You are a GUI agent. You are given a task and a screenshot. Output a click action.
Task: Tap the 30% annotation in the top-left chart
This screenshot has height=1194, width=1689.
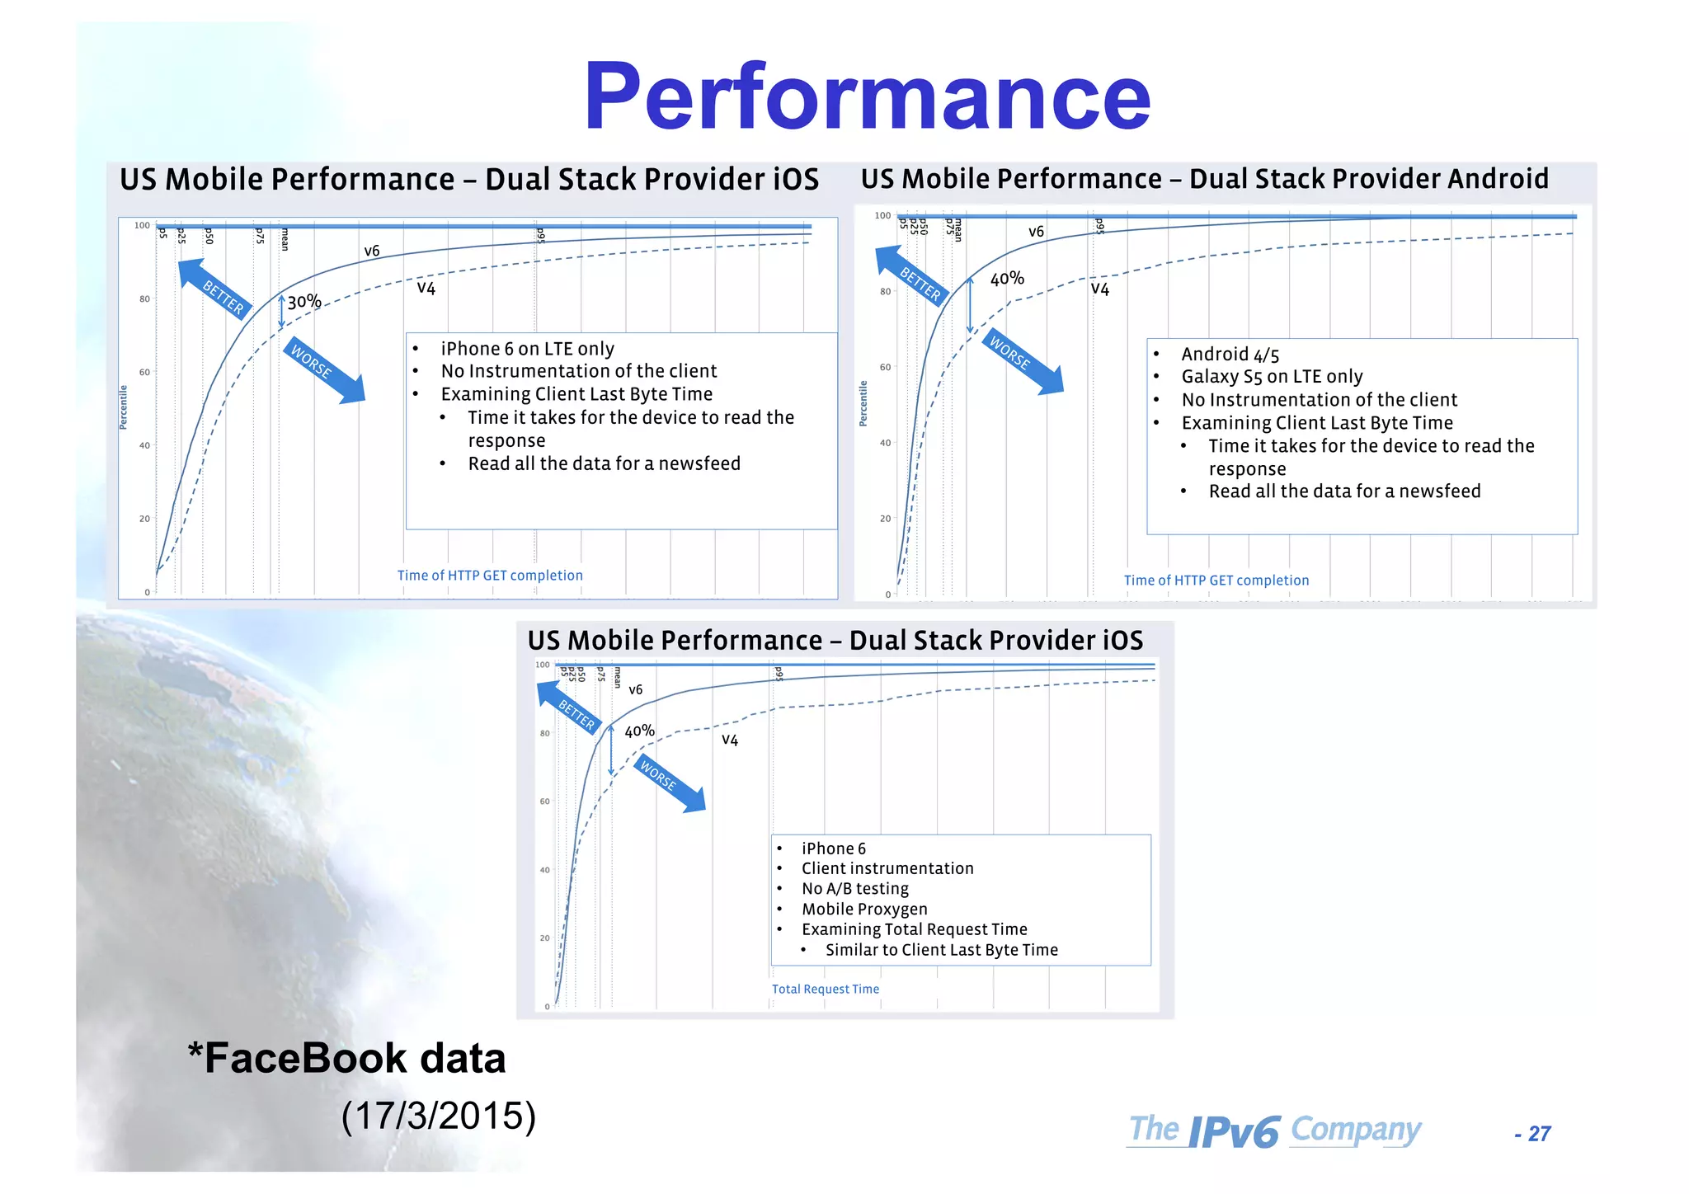303,302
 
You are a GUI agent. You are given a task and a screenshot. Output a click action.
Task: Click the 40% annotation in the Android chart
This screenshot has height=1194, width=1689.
1007,279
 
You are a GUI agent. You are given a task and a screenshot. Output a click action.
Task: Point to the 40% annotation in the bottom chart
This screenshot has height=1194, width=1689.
639,731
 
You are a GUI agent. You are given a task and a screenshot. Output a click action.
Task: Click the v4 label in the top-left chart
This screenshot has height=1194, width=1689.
426,288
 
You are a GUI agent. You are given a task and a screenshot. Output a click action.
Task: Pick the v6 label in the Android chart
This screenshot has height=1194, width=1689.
1036,232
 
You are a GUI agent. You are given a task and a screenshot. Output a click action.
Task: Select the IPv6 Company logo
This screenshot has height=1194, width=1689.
1274,1131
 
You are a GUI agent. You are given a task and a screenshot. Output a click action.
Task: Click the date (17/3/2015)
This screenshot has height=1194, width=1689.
439,1116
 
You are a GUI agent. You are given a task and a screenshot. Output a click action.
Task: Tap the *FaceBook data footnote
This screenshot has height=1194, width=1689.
346,1059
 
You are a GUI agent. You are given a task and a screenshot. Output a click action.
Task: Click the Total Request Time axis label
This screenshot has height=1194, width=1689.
825,989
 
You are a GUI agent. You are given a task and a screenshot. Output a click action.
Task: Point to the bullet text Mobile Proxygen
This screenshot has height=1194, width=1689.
863,909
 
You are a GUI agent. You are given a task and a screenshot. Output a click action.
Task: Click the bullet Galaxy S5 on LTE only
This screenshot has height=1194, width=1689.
1272,377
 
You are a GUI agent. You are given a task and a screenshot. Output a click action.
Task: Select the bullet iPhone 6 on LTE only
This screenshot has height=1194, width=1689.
527,349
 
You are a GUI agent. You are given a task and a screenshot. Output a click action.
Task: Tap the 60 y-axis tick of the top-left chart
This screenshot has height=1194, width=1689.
144,373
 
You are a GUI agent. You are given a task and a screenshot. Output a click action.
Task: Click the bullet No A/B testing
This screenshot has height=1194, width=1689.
854,889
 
